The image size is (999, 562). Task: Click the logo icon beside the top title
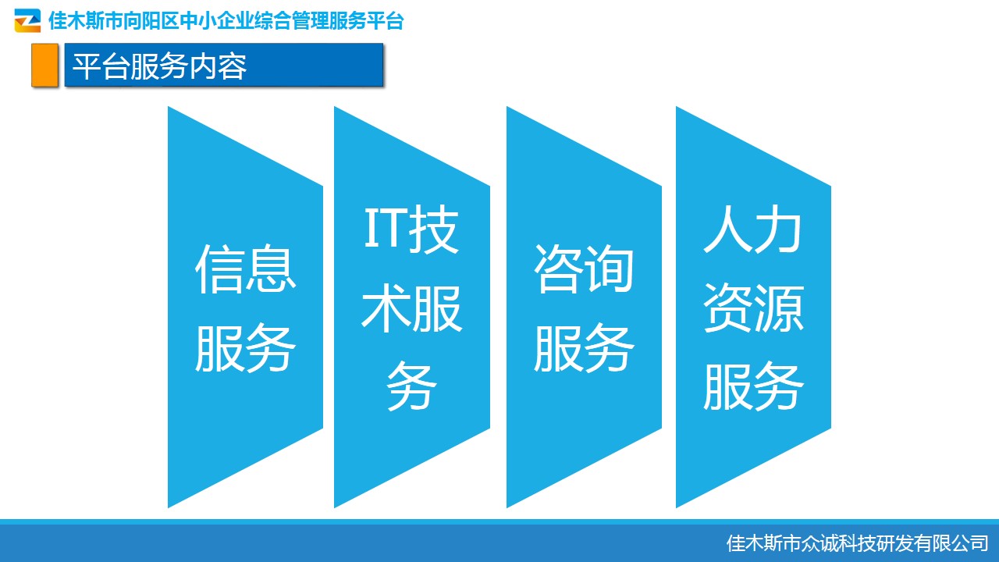(27, 20)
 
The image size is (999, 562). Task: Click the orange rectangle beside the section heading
(44, 65)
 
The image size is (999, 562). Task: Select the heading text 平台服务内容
(159, 66)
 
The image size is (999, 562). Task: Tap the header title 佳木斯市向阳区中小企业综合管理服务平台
(226, 21)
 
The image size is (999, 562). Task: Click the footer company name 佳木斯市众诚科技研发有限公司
(857, 543)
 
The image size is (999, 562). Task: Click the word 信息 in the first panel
(245, 269)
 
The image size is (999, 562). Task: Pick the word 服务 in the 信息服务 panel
(245, 347)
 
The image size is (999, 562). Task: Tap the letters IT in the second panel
(384, 229)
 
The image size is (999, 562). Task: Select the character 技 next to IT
(434, 229)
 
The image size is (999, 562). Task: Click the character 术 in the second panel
(386, 308)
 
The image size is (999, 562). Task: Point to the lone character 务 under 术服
(411, 386)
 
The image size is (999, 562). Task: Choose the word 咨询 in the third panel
(584, 269)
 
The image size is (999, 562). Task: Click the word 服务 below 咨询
(584, 347)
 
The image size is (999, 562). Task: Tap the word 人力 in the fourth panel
(753, 229)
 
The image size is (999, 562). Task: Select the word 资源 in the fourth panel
(753, 308)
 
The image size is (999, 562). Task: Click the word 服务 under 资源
(753, 386)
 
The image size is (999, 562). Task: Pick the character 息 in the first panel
(271, 269)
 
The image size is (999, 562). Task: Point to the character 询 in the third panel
(610, 269)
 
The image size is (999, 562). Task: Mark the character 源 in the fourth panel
(779, 308)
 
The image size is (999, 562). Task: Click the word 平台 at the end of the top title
(386, 21)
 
